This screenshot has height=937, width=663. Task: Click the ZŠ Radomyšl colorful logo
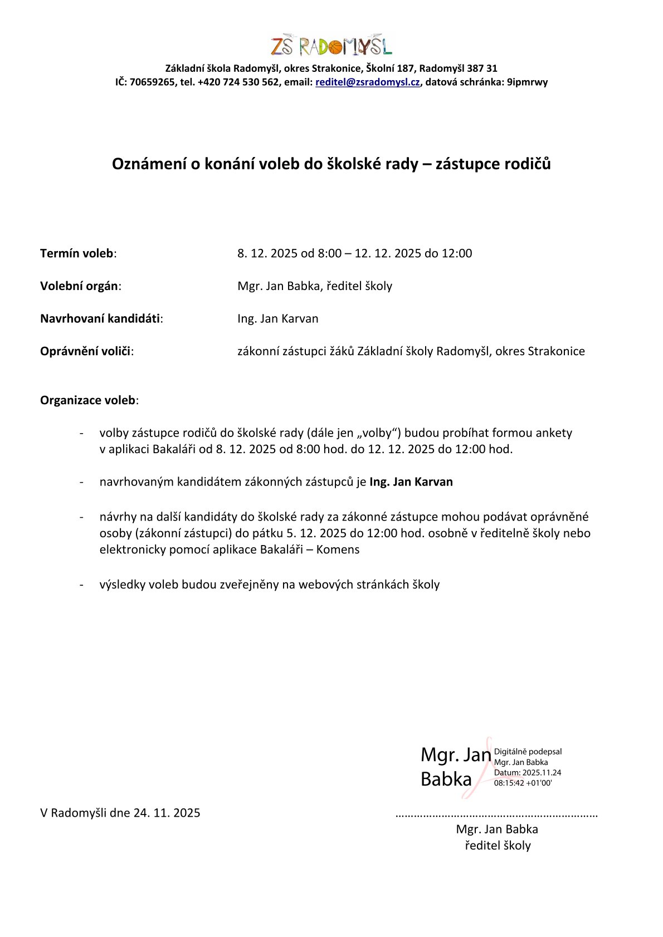(331, 46)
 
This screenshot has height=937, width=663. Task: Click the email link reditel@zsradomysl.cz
(367, 82)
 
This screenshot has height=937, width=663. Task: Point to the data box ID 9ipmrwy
(527, 82)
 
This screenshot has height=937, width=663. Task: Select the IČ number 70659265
(152, 82)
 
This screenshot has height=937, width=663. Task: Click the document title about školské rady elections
(331, 164)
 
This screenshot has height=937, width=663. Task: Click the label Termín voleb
(77, 253)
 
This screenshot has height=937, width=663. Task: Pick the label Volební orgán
(79, 286)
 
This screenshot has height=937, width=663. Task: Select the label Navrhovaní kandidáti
(100, 319)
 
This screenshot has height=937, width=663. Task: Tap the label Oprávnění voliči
(85, 351)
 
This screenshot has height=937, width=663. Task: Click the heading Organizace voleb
(88, 400)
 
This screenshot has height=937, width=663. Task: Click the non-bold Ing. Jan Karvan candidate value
(277, 319)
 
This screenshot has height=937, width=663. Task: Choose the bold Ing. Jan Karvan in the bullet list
(411, 482)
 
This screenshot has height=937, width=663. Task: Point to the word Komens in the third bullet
(338, 550)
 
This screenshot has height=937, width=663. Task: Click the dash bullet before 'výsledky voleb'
(82, 585)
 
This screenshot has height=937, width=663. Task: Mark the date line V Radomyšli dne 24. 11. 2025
(120, 813)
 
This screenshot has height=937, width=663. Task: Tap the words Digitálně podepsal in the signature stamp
(528, 752)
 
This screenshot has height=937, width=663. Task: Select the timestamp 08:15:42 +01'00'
(523, 783)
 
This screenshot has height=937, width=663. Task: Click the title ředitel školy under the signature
(498, 845)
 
